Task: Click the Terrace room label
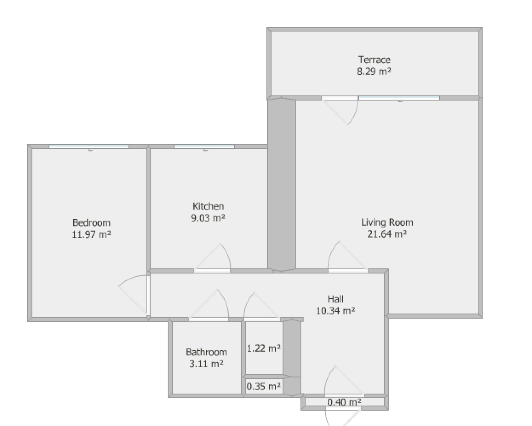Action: click(374, 60)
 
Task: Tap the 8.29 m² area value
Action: click(374, 72)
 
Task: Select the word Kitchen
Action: click(208, 206)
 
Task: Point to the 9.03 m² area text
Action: click(208, 218)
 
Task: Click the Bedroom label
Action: click(92, 222)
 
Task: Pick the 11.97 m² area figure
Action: click(92, 234)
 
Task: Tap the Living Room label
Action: click(387, 222)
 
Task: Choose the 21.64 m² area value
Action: click(387, 234)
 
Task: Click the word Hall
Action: click(335, 299)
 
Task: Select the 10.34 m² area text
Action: click(335, 311)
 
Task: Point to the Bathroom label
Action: click(206, 352)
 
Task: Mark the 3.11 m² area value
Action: click(206, 364)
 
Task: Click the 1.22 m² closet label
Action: click(264, 348)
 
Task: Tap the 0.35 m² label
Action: click(263, 386)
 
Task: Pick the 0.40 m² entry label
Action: click(344, 402)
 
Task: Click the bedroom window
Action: click(89, 147)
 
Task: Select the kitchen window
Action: click(204, 147)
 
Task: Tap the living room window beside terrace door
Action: click(399, 98)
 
